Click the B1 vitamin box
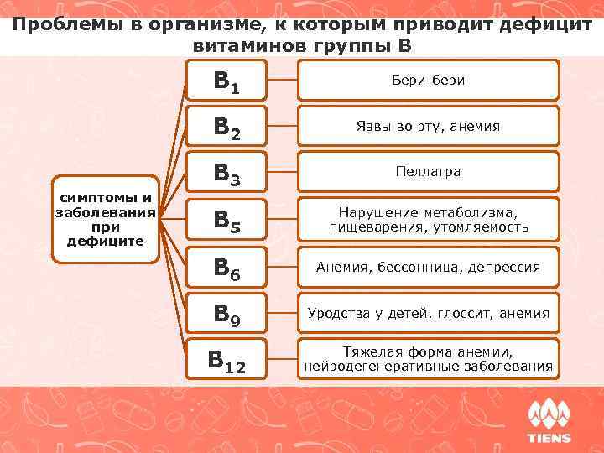tap(226, 80)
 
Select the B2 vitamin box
tap(226, 126)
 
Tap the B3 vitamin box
tap(226, 172)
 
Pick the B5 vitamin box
tap(226, 220)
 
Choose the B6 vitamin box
tap(226, 268)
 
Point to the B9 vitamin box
tap(226, 314)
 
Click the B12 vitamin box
tap(226, 360)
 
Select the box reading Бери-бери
tap(428, 80)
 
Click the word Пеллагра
tap(428, 171)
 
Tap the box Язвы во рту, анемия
tap(428, 126)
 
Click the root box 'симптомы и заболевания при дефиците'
tap(105, 221)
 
